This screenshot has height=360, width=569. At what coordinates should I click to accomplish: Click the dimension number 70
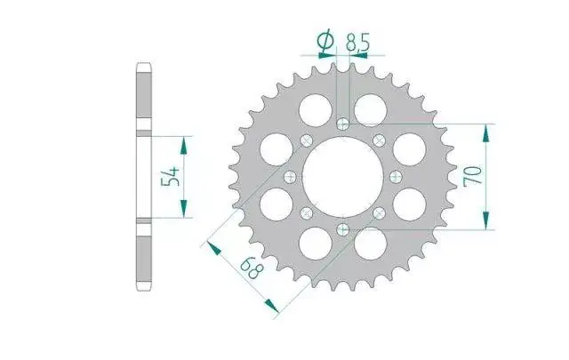click(473, 176)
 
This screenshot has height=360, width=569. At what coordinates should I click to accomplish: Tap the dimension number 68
click(252, 268)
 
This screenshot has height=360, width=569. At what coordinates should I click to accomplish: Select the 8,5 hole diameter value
click(357, 43)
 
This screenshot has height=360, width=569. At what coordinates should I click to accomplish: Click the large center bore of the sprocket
click(343, 177)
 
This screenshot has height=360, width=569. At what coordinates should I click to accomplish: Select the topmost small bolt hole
click(343, 124)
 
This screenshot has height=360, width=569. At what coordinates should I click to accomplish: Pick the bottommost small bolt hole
click(343, 229)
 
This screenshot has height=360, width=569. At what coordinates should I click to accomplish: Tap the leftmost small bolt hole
click(290, 177)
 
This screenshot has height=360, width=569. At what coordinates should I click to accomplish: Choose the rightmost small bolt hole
click(396, 177)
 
